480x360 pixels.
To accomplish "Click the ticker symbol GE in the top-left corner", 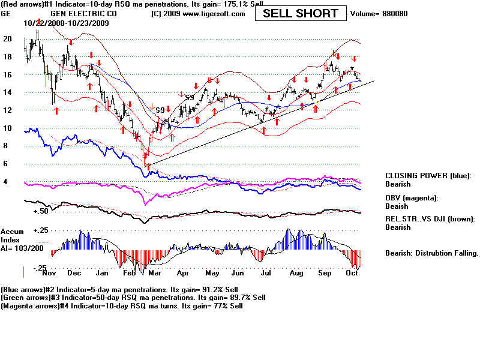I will tap(7, 13).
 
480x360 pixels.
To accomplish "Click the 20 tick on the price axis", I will tap(8, 38).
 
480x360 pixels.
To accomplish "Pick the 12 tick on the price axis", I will tap(8, 110).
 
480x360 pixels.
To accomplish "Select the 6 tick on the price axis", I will tap(6, 163).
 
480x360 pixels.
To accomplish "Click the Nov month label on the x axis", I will tap(49, 272).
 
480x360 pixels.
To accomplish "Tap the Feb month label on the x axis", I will tap(129, 272).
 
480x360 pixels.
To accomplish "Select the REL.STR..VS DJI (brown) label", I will tap(430, 219).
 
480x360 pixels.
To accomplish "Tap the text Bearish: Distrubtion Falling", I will tap(431, 253).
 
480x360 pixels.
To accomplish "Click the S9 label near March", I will tap(160, 110).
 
